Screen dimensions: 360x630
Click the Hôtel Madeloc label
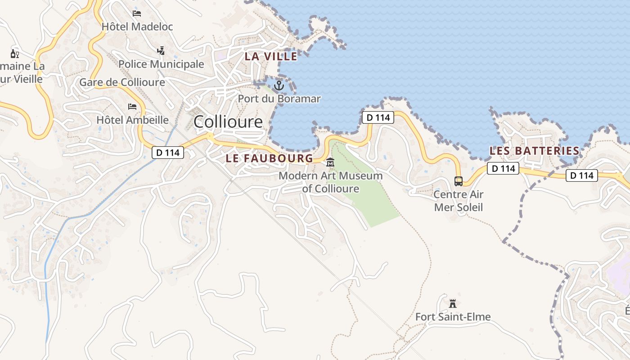137,27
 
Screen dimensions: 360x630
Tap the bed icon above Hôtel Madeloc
137,13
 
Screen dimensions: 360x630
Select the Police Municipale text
161,64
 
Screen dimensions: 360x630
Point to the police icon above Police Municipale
161,51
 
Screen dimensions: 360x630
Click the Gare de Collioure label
122,82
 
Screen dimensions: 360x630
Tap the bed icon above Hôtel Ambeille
132,107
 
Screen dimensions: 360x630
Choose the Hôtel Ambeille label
132,120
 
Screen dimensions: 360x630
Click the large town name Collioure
228,121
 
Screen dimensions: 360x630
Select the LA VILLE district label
271,56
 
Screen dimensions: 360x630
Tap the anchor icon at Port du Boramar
279,85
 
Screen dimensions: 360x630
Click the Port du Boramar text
279,99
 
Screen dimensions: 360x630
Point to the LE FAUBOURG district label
269,158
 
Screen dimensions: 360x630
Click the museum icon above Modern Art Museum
330,162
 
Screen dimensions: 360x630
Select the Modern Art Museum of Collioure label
330,182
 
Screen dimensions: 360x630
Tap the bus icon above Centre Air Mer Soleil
459,181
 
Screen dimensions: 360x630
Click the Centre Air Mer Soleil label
459,201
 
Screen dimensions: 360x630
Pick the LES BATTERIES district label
534,151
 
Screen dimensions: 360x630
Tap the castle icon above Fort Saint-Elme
453,303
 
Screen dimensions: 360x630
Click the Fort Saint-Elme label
453,317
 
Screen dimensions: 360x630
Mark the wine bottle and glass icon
15,54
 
